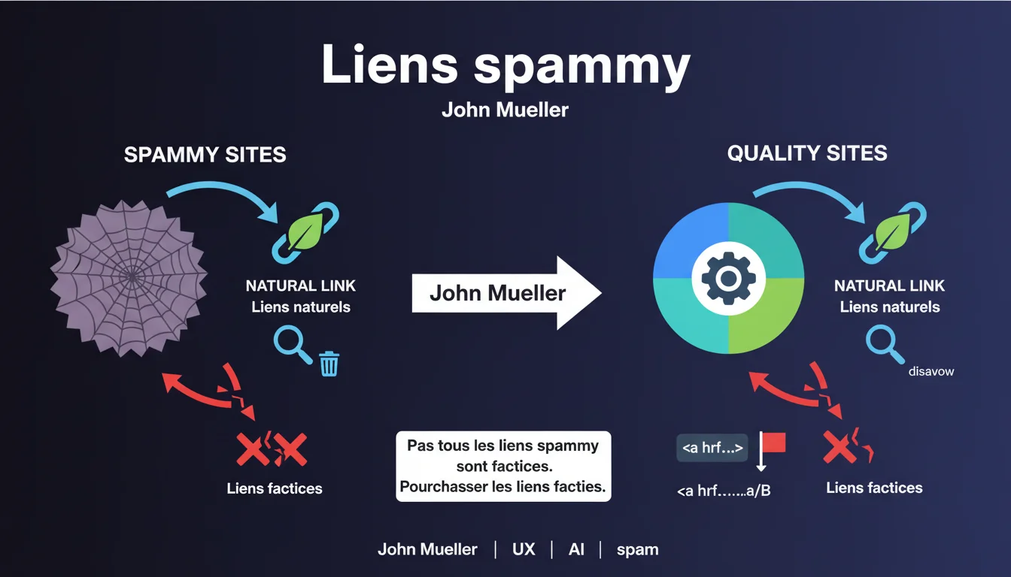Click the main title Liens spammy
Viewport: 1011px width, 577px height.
505,65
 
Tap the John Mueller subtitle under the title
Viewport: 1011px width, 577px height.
505,110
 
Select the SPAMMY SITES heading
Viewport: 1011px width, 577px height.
205,156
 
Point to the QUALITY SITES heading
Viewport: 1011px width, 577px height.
807,153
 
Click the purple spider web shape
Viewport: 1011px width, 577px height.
129,275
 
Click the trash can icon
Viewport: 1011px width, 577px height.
329,363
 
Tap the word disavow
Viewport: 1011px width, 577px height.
931,371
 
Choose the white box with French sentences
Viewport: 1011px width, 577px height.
503,466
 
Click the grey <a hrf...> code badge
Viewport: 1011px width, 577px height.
712,448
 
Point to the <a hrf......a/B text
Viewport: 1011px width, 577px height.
724,491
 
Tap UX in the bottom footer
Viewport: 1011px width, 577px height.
524,549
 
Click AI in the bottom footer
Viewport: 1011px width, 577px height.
576,549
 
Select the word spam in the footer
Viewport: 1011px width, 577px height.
637,549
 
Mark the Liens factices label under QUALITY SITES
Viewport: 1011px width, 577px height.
874,488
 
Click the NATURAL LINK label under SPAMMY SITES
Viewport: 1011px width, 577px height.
301,285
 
